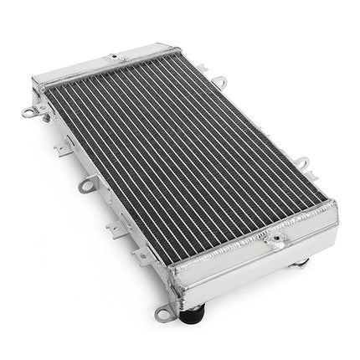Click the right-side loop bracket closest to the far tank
[x=219, y=82]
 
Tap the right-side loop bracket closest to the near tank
[x=301, y=162]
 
